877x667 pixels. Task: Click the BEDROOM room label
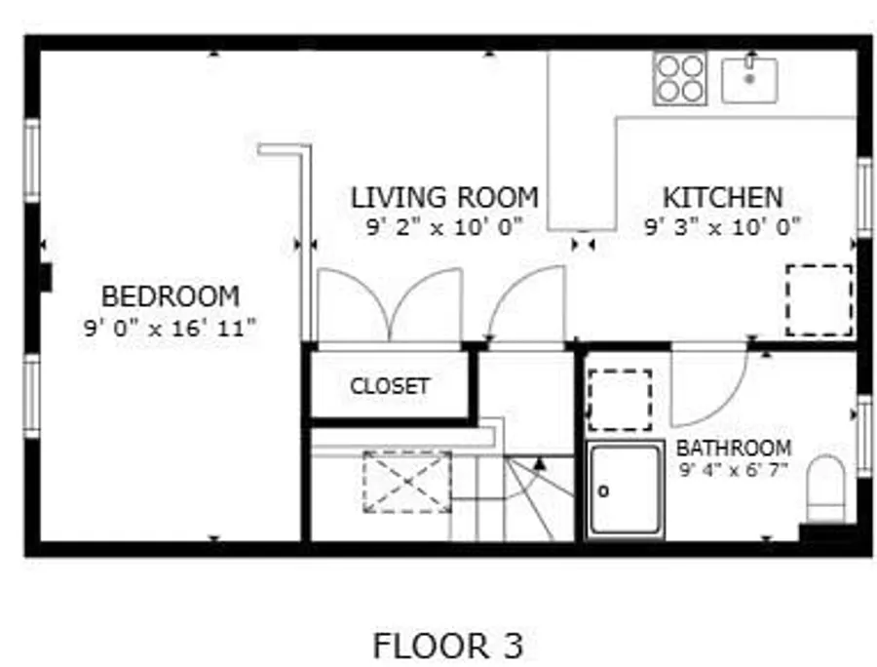tap(170, 296)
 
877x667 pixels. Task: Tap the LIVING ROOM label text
tap(444, 198)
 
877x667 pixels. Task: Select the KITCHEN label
tap(723, 198)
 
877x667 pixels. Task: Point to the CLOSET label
tap(390, 386)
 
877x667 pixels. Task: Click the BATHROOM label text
tap(734, 448)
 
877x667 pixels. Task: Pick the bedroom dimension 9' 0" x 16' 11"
tap(170, 328)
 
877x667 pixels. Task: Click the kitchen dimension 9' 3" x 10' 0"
tap(723, 226)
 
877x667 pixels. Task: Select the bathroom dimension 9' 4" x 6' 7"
tap(734, 469)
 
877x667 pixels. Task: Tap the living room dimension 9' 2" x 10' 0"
tap(444, 226)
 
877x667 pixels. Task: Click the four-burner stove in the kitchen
tap(679, 78)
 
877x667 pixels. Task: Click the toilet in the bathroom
tap(825, 488)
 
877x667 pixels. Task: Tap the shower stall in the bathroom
tap(625, 490)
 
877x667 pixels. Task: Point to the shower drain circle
tap(603, 491)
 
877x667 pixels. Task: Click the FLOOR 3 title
tap(448, 646)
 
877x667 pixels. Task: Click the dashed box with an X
tap(407, 482)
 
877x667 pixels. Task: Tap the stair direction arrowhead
tap(539, 463)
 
